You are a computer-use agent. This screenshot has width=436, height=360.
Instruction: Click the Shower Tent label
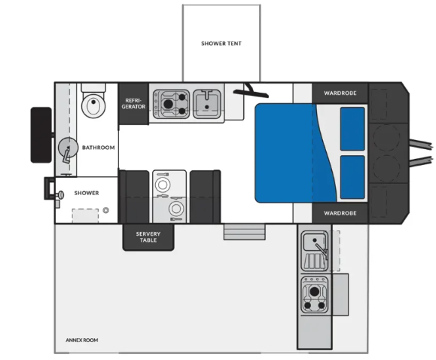[221, 44]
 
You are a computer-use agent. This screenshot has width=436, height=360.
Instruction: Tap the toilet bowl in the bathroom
[93, 105]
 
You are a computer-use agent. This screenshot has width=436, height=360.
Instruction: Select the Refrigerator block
[133, 103]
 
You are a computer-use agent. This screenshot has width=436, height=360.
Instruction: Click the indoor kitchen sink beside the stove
[207, 104]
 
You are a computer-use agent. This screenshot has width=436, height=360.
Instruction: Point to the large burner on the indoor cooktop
[168, 104]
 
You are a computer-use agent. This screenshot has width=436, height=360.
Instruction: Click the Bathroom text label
[99, 148]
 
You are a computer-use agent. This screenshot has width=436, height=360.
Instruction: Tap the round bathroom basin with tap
[68, 148]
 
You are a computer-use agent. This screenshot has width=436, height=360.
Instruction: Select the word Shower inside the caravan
[87, 193]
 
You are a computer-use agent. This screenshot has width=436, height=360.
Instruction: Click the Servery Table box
[148, 237]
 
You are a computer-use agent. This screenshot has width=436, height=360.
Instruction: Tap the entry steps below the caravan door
[245, 232]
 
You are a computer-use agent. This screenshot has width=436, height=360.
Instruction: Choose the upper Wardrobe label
[340, 93]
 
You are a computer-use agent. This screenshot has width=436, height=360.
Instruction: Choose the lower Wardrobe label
[340, 213]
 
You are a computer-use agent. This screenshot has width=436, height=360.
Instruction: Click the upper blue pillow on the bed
[352, 129]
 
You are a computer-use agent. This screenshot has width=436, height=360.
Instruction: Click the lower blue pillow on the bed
[352, 177]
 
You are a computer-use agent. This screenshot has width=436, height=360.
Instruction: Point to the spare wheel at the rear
[41, 135]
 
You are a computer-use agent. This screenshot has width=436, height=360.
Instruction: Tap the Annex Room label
[82, 340]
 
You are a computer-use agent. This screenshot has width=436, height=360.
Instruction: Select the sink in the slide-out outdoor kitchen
[315, 242]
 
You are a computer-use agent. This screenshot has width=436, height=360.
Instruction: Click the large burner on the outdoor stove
[315, 291]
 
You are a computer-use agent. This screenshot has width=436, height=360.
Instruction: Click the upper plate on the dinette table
[163, 185]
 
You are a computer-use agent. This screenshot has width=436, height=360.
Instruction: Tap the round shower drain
[105, 210]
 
